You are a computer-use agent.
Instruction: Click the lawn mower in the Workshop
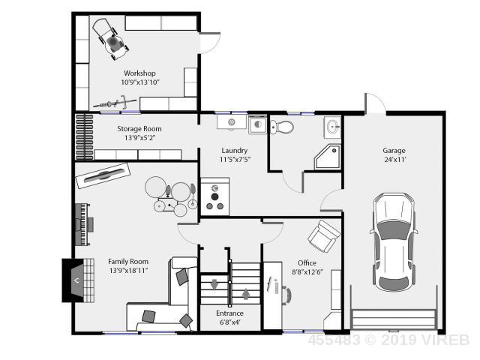point(110,39)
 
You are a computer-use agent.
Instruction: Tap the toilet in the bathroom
point(282,127)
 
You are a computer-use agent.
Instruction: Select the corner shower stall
point(328,157)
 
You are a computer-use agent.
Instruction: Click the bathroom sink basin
point(332,127)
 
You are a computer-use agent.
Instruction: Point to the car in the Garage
point(394,242)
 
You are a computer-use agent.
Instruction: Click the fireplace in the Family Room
point(78,280)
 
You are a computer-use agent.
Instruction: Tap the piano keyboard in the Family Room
point(83,225)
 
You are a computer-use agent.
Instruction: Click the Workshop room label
point(139,73)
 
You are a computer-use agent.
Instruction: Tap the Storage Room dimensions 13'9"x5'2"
point(139,138)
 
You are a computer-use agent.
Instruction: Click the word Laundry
point(235,151)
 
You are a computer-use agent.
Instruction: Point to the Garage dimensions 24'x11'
point(395,160)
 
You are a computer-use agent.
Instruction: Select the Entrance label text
point(230,313)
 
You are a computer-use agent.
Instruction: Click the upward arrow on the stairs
point(246,294)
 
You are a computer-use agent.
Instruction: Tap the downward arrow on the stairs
point(214,284)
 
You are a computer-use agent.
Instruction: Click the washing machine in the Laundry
point(258,124)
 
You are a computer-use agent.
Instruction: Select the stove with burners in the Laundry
point(215,196)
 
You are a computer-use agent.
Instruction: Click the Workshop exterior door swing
point(210,43)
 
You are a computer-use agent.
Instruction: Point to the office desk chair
point(286,295)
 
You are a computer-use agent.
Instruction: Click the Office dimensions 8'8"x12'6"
point(307,271)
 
